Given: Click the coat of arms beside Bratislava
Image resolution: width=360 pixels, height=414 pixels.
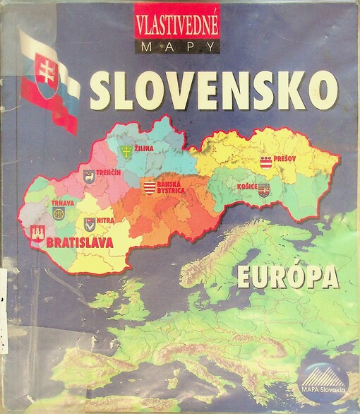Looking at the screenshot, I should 37,235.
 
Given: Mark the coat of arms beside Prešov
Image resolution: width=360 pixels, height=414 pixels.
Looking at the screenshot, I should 267,162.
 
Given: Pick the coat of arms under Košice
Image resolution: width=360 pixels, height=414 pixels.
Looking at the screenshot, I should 263,189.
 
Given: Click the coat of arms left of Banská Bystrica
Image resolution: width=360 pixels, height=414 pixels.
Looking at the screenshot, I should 148,187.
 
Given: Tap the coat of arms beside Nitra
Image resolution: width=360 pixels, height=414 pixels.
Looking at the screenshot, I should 90,225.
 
